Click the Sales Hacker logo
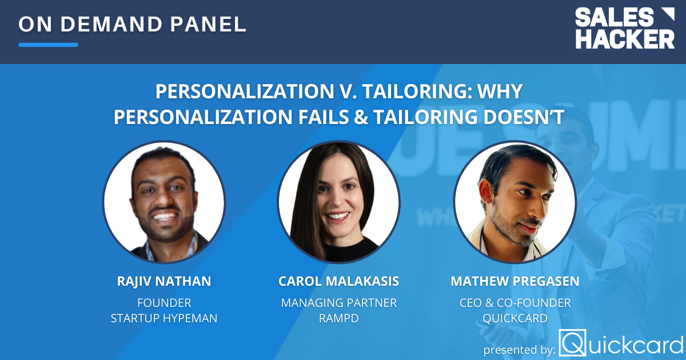pos(624,29)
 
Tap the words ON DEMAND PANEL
pos(132,24)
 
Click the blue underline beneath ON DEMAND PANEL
pos(48,45)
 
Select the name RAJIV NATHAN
pos(164,281)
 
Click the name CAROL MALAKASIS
pos(338,281)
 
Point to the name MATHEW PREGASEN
pos(515,281)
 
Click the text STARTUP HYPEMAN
pos(164,318)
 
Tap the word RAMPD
pos(338,318)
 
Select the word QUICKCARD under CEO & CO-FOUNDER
pos(515,318)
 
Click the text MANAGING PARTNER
pos(338,302)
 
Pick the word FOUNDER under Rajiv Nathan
pos(164,302)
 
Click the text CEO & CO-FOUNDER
pos(515,302)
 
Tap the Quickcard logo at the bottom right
pos(622,343)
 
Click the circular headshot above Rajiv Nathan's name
pos(164,203)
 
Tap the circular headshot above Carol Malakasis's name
pos(338,203)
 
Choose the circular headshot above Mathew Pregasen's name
pos(515,203)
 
